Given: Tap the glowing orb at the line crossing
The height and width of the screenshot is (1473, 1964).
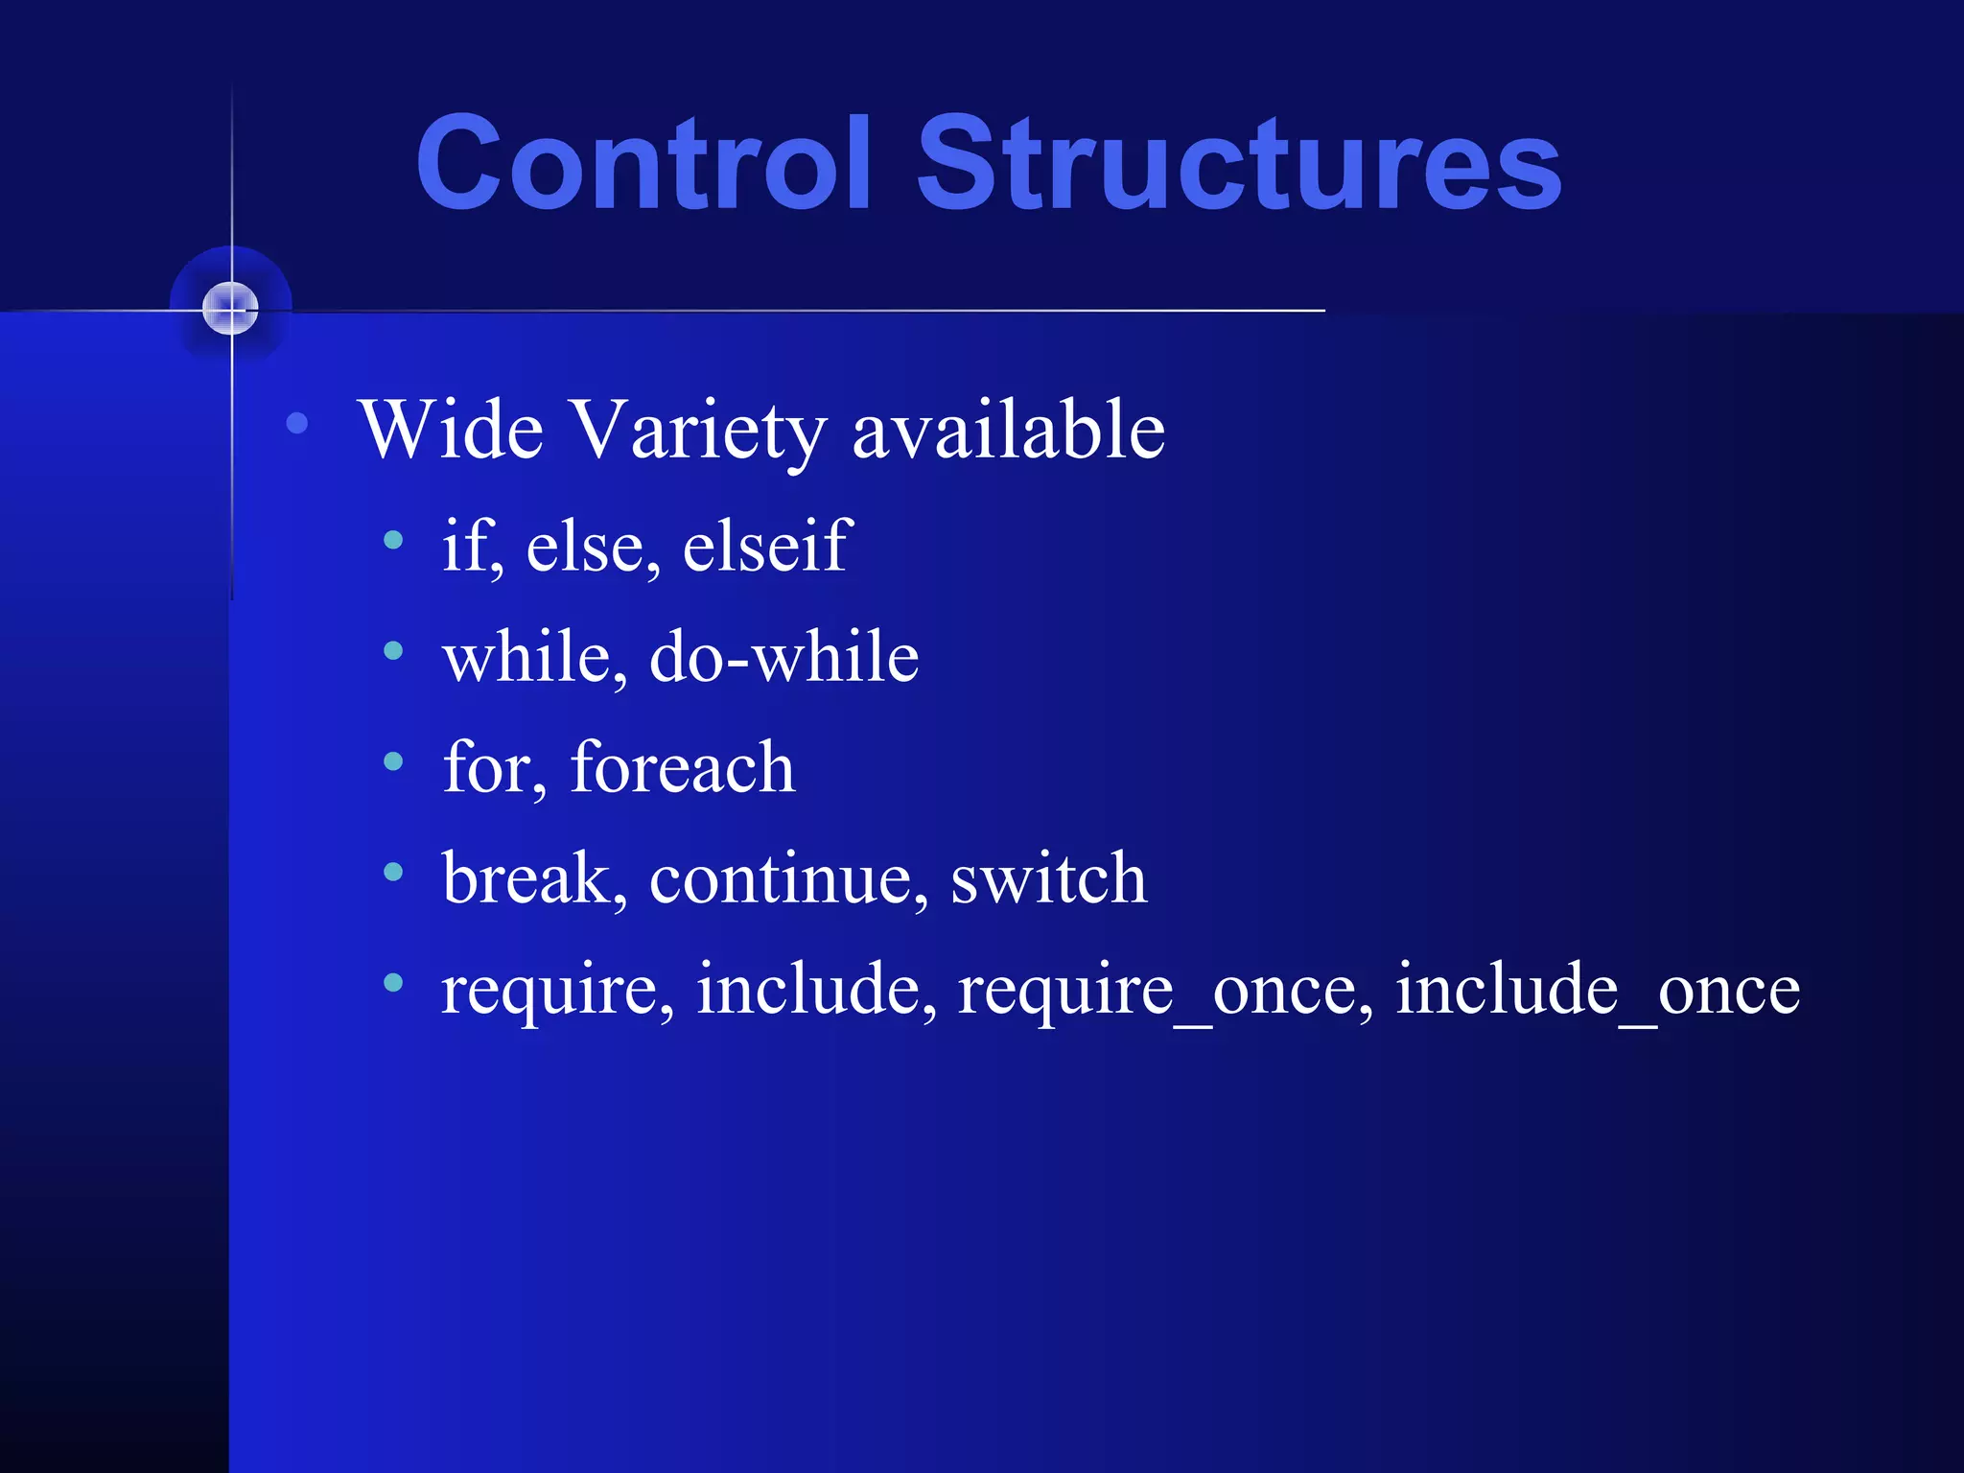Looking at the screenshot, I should (x=230, y=309).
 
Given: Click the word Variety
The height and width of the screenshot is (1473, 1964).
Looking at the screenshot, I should (x=697, y=432).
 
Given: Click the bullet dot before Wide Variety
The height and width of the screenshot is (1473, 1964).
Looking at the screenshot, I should (x=297, y=423).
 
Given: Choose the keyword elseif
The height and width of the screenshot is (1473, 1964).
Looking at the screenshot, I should (x=767, y=546).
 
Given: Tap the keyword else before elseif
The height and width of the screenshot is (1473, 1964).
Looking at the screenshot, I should (x=592, y=548).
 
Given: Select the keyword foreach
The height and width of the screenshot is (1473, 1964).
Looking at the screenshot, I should (x=682, y=768).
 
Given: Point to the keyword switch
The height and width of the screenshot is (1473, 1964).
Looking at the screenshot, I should (x=1048, y=878).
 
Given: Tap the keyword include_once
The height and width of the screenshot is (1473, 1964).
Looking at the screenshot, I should (x=1597, y=991).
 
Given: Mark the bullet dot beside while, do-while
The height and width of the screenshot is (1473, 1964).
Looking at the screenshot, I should (x=393, y=651).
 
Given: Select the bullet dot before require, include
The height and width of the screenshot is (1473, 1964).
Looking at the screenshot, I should (x=393, y=982).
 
